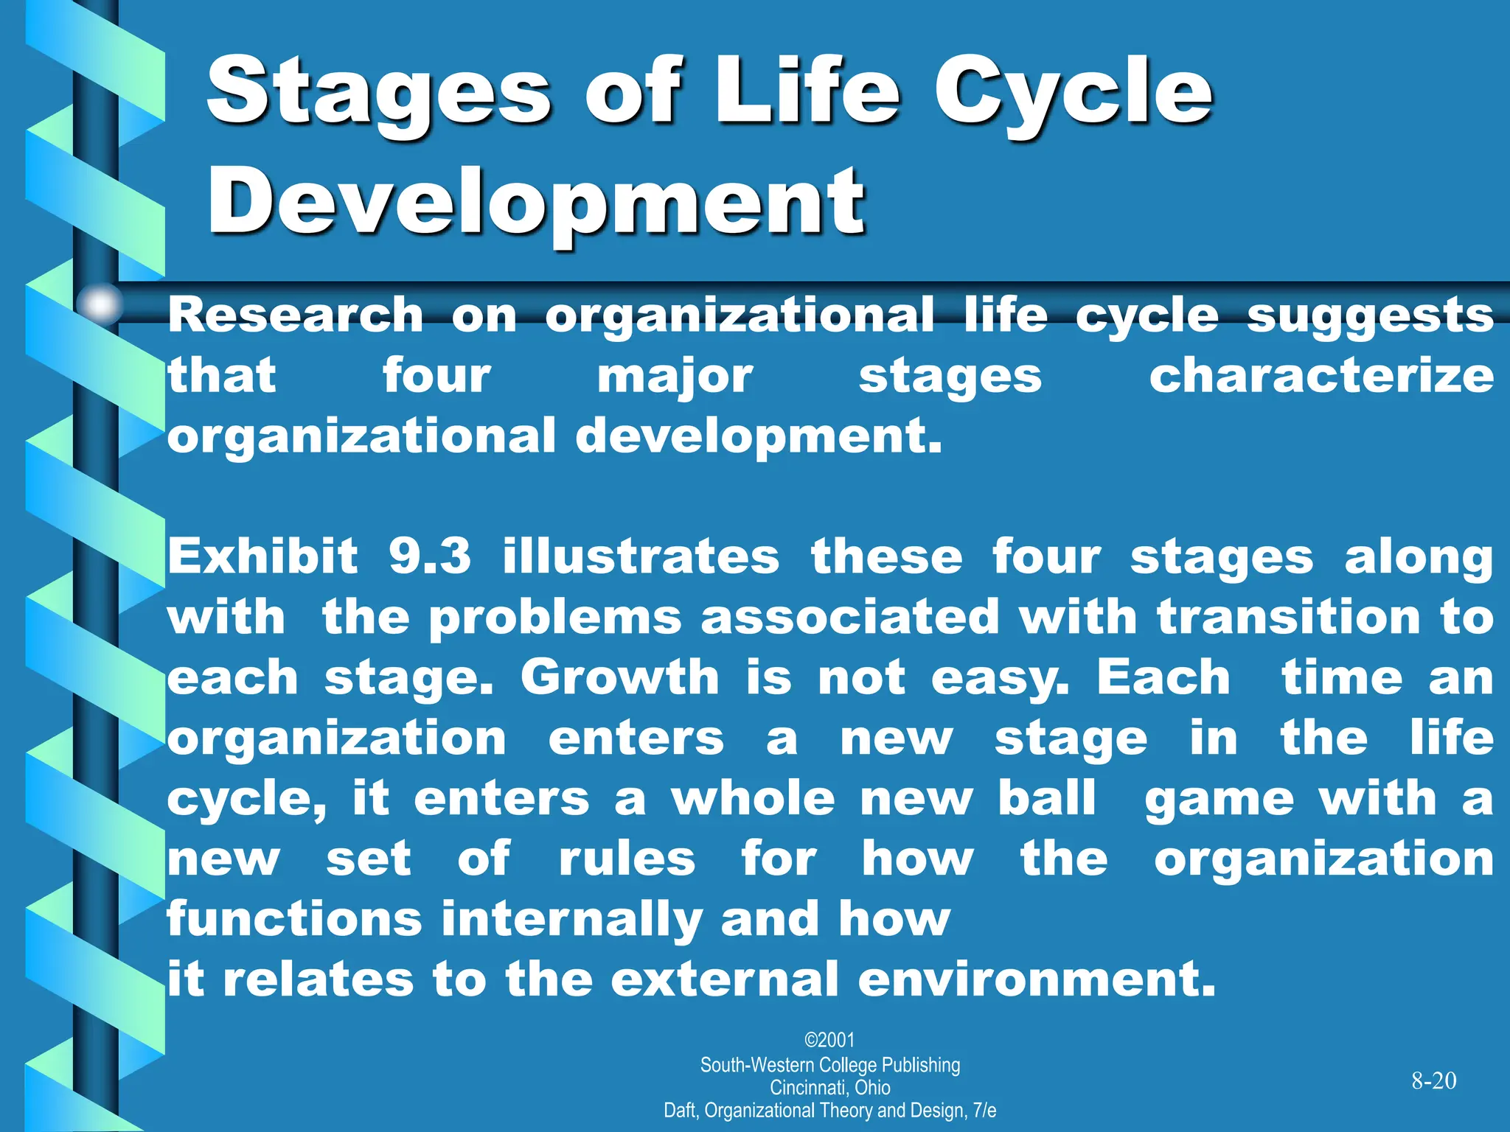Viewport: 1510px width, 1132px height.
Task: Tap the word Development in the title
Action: point(536,200)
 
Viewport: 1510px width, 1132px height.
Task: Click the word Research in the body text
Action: point(295,315)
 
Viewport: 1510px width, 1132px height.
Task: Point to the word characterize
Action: point(1321,376)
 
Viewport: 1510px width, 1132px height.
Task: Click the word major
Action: point(675,377)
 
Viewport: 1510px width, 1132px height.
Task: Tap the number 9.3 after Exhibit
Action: point(430,556)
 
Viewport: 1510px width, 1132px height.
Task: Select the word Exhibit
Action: point(262,556)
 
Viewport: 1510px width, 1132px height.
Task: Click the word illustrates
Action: point(641,556)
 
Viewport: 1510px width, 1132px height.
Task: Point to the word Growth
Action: point(619,677)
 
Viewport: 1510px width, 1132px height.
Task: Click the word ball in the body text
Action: point(1046,798)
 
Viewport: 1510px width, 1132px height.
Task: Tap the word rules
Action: point(627,859)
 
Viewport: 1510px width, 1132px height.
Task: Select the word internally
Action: point(571,920)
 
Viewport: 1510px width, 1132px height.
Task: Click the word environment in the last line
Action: point(1036,980)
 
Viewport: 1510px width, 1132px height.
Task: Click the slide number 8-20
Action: point(1433,1081)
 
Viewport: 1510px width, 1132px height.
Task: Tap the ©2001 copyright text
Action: point(829,1040)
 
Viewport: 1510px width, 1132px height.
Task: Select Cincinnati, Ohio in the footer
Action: point(829,1088)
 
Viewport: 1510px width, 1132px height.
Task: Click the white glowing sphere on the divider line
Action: point(100,303)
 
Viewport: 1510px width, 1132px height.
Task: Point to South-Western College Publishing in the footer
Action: point(829,1065)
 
